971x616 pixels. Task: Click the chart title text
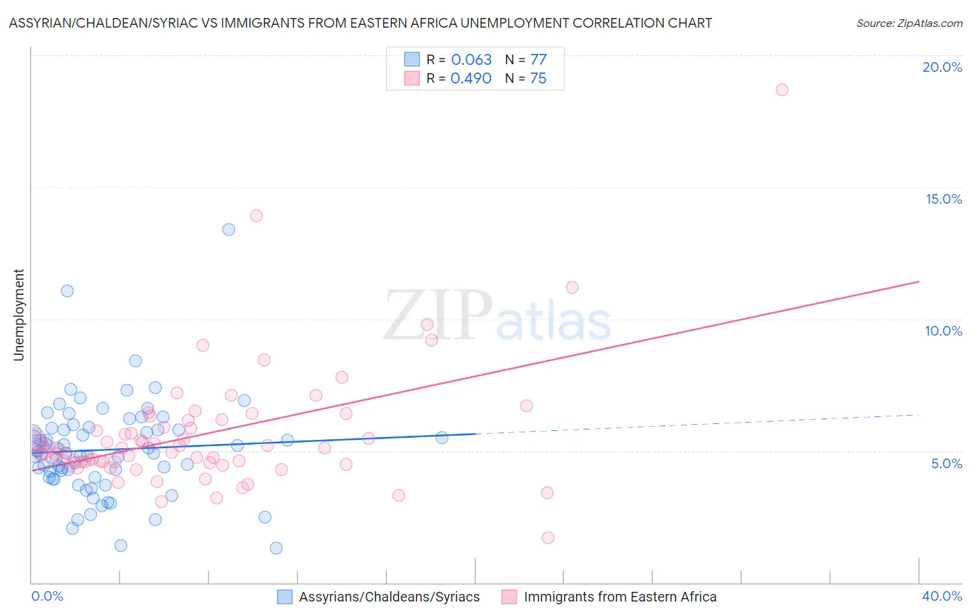pyautogui.click(x=360, y=23)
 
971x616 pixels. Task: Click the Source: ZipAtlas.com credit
pyautogui.click(x=909, y=23)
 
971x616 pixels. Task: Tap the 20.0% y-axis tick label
pyautogui.click(x=942, y=67)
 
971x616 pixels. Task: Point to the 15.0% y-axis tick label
pyautogui.click(x=943, y=199)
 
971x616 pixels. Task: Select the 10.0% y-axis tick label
pyautogui.click(x=943, y=331)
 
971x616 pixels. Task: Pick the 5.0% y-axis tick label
pyautogui.click(x=946, y=463)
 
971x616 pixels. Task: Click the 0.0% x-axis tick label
pyautogui.click(x=47, y=596)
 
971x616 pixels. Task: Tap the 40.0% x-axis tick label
pyautogui.click(x=942, y=596)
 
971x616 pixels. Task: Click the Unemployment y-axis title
pyautogui.click(x=19, y=315)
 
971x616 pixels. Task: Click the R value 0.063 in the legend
pyautogui.click(x=471, y=59)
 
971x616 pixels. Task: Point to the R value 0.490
pyautogui.click(x=471, y=78)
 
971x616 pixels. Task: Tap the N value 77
pyautogui.click(x=538, y=59)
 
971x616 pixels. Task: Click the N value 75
pyautogui.click(x=538, y=78)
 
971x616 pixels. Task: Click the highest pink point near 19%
pyautogui.click(x=782, y=90)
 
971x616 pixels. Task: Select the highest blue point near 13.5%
pyautogui.click(x=229, y=229)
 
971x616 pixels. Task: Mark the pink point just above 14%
pyautogui.click(x=256, y=215)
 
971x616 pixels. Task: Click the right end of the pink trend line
pyautogui.click(x=919, y=282)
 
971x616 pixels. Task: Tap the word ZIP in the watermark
pyautogui.click(x=438, y=315)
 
